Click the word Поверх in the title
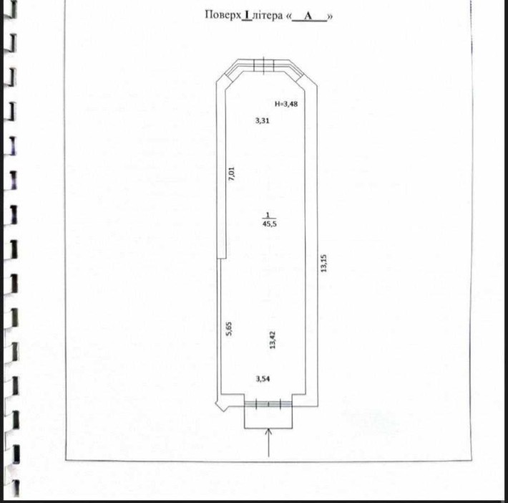223,15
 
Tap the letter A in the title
308,16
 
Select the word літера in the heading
268,16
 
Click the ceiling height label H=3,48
286,104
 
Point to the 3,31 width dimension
262,120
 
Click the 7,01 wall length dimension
231,173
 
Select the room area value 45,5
270,224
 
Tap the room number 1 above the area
268,215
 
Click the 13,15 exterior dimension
323,263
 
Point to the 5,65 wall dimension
229,329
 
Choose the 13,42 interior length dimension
273,340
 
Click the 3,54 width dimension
263,379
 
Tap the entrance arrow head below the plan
268,431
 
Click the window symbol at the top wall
264,64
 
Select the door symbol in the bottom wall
268,404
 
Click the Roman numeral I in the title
247,15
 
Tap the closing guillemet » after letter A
330,16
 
